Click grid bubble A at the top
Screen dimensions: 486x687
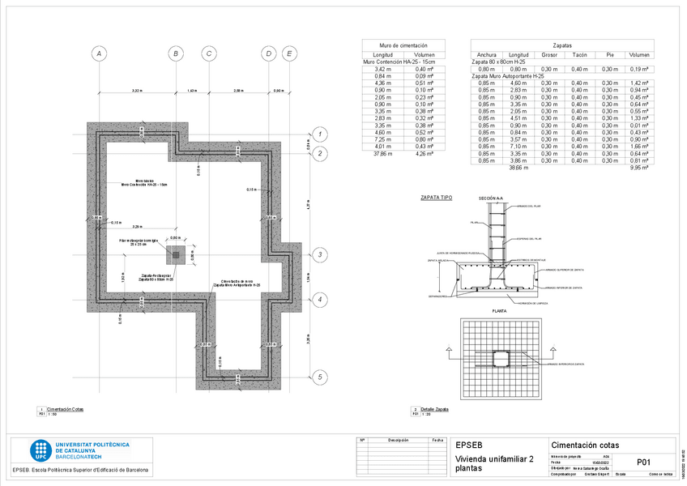99,54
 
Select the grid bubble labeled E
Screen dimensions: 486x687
289,54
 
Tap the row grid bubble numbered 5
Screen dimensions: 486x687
320,377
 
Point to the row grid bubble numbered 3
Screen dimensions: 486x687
320,255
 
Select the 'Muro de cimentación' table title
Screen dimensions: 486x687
403,46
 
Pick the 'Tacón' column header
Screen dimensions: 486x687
579,54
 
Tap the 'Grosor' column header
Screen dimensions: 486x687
549,54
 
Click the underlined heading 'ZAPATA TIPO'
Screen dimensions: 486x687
436,198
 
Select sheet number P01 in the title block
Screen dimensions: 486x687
644,462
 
